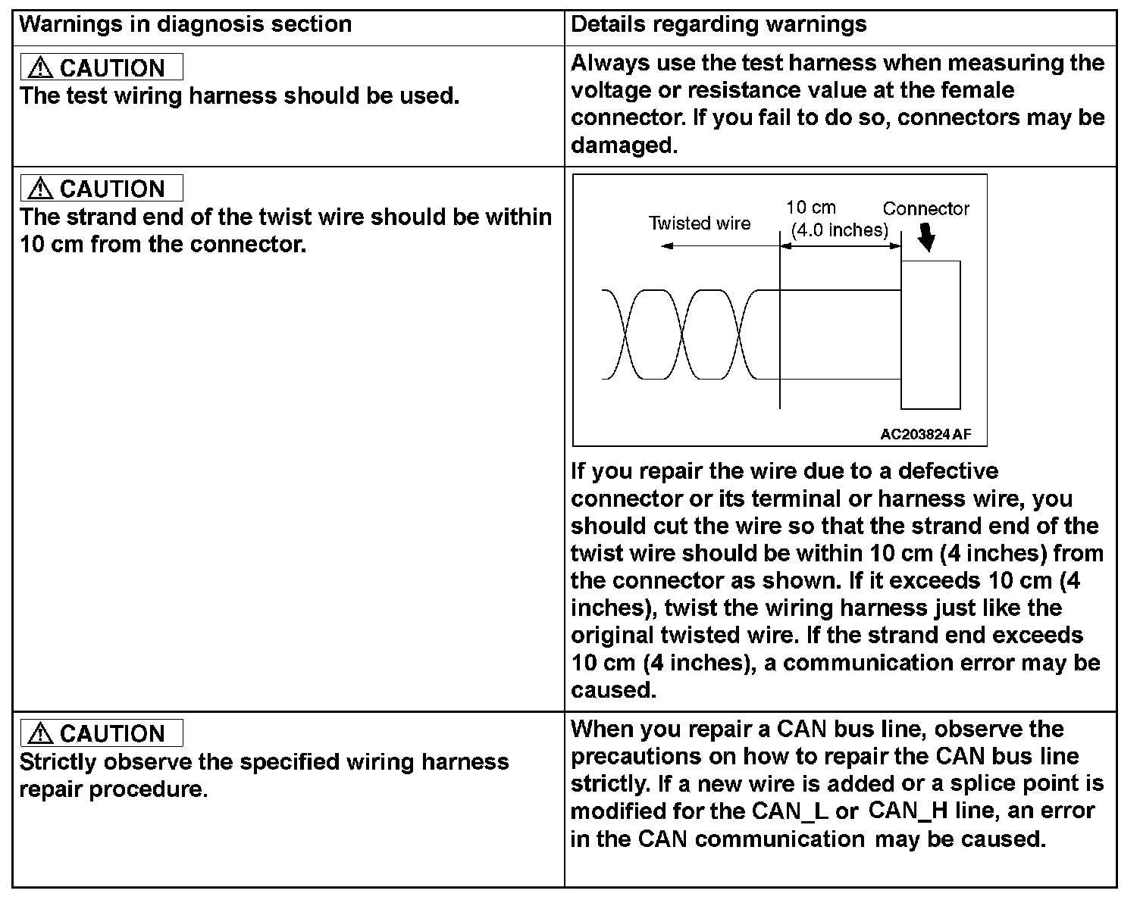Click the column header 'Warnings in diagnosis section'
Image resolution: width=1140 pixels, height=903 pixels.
pyautogui.click(x=185, y=24)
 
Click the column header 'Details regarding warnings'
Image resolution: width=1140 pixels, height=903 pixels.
pyautogui.click(x=718, y=24)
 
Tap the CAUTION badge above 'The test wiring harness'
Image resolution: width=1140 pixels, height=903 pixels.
pyautogui.click(x=102, y=67)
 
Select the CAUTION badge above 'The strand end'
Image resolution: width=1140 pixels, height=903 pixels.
pyautogui.click(x=102, y=188)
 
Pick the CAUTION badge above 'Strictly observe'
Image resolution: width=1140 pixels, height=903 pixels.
pyautogui.click(x=102, y=733)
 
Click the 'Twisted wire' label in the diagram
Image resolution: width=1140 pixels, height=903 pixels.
pyautogui.click(x=699, y=223)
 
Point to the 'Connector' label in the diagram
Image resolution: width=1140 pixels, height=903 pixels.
pyautogui.click(x=925, y=209)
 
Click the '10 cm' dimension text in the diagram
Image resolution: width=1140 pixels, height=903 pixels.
pyautogui.click(x=810, y=208)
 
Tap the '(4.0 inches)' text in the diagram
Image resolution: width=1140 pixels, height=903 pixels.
pyautogui.click(x=839, y=230)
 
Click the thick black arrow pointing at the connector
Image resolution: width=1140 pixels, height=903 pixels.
pyautogui.click(x=925, y=239)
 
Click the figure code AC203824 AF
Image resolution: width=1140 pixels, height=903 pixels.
pyautogui.click(x=925, y=434)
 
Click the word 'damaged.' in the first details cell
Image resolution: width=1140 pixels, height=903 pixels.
pyautogui.click(x=624, y=145)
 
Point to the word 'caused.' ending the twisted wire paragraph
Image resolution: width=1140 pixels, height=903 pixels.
pyautogui.click(x=613, y=690)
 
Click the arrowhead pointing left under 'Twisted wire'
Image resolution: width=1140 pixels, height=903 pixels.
pyautogui.click(x=666, y=245)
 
